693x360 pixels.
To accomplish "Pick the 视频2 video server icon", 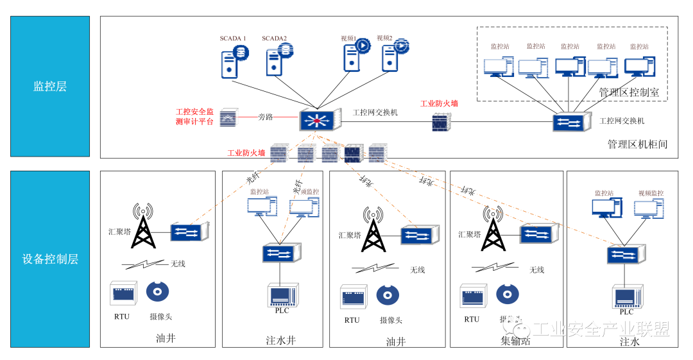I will coord(393,56).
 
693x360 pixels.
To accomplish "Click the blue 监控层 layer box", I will coord(50,87).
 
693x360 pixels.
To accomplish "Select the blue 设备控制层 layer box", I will coord(50,259).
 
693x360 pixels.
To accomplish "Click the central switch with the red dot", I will coord(317,120).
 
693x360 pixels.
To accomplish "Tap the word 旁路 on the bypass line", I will coord(266,117).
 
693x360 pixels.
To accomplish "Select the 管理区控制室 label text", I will coord(628,92).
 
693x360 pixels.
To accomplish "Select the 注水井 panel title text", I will coord(280,340).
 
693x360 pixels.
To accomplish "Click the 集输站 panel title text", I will coord(516,340).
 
